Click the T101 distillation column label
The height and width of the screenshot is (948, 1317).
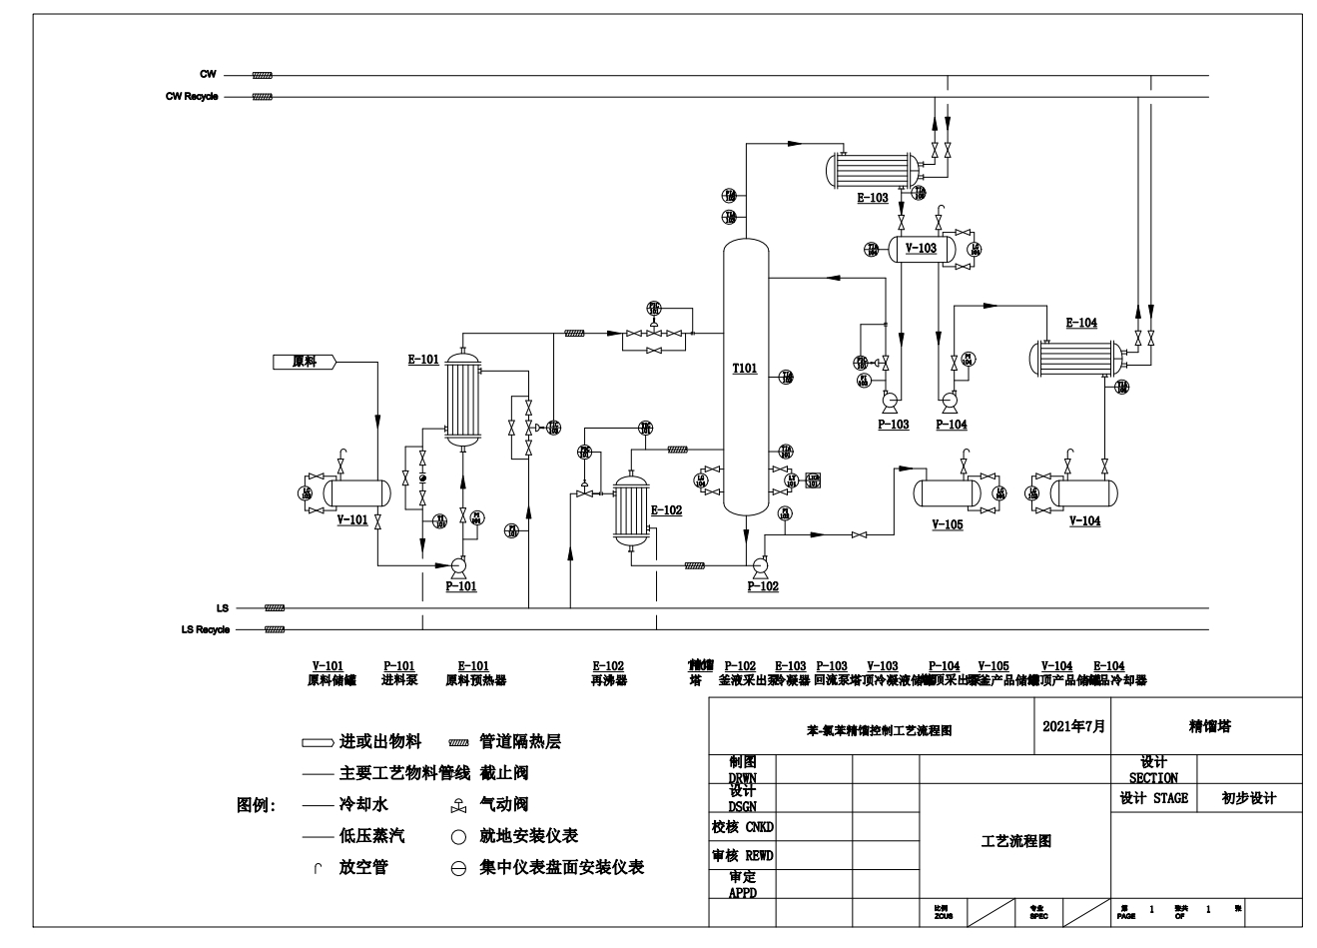[745, 369]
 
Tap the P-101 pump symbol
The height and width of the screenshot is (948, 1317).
[459, 565]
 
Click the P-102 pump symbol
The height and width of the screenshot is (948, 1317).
[759, 565]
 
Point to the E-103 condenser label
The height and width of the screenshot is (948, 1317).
[872, 198]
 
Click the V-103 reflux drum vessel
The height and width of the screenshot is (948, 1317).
[921, 247]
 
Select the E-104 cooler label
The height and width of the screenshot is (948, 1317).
[1081, 323]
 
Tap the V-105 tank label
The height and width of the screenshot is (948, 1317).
[947, 524]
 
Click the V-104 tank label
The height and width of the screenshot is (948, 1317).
[1084, 521]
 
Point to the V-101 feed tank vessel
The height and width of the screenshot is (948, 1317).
[354, 491]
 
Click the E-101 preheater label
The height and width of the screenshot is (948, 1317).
[423, 360]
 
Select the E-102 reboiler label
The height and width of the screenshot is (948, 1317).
[666, 510]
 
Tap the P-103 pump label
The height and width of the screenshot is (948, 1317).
[893, 425]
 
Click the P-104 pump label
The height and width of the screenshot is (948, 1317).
[951, 425]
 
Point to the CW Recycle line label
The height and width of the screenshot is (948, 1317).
[192, 97]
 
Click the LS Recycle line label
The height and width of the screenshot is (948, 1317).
[205, 630]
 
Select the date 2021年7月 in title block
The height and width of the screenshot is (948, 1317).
[1073, 726]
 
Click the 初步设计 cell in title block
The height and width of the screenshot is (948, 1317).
[1248, 798]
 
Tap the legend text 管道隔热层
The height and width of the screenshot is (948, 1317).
[520, 741]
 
